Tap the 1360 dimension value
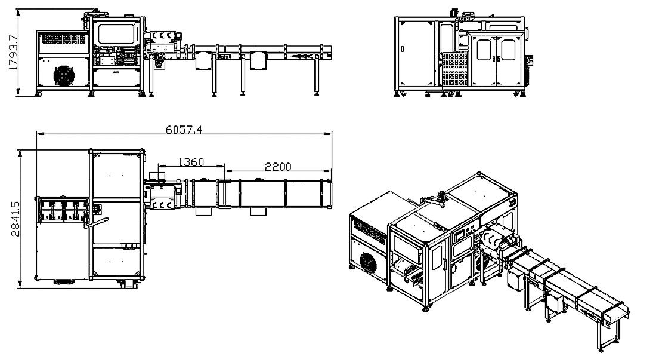[x=191, y=162]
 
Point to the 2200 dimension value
[x=278, y=166]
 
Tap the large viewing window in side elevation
[x=116, y=33]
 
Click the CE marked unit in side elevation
[x=163, y=39]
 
